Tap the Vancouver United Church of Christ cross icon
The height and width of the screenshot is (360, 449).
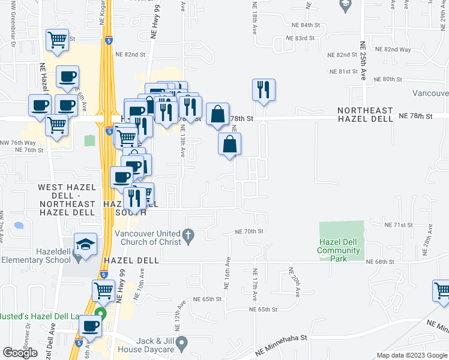(x=188, y=236)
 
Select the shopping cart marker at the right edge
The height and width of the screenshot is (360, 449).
(x=442, y=290)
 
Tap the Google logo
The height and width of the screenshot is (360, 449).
(x=19, y=353)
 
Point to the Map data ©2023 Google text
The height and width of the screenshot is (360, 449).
(x=411, y=355)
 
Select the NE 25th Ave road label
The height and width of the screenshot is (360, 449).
(x=363, y=60)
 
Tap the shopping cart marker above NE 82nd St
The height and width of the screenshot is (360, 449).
(x=57, y=40)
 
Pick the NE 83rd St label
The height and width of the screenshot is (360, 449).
(x=300, y=38)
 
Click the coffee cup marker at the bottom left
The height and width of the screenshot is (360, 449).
(x=91, y=326)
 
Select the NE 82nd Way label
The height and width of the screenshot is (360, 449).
(x=398, y=49)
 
